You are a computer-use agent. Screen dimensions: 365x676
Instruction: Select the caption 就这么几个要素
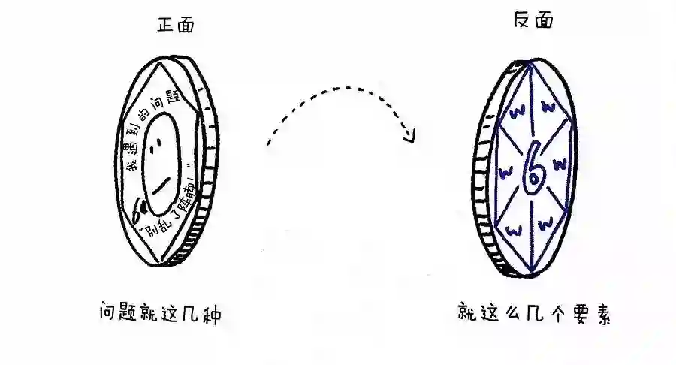[x=534, y=313]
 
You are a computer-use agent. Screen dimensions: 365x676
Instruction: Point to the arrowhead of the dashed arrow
[x=410, y=135]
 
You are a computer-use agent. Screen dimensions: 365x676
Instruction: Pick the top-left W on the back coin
[x=516, y=114]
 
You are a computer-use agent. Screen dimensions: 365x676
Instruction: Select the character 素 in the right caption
[x=598, y=313]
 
